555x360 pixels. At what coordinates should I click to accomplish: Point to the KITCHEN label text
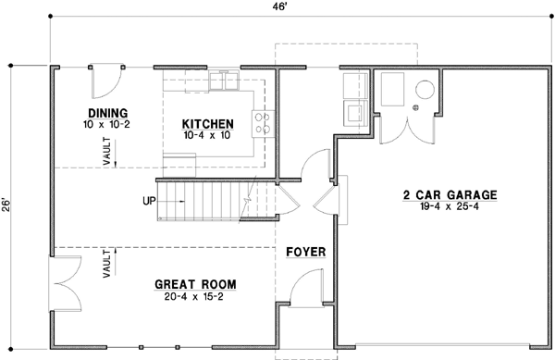207,123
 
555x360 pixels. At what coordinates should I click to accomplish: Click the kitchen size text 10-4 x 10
206,135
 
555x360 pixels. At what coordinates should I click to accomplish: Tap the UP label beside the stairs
148,201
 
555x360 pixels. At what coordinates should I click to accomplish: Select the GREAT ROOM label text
195,283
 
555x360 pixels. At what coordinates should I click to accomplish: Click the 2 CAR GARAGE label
450,195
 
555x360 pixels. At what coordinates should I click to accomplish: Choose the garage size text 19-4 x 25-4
450,207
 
